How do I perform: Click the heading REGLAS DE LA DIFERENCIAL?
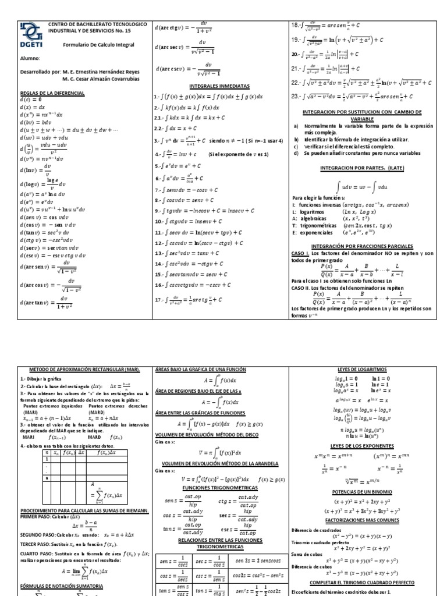pos(52,93)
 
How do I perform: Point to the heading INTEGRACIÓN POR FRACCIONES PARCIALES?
pos(362,246)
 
